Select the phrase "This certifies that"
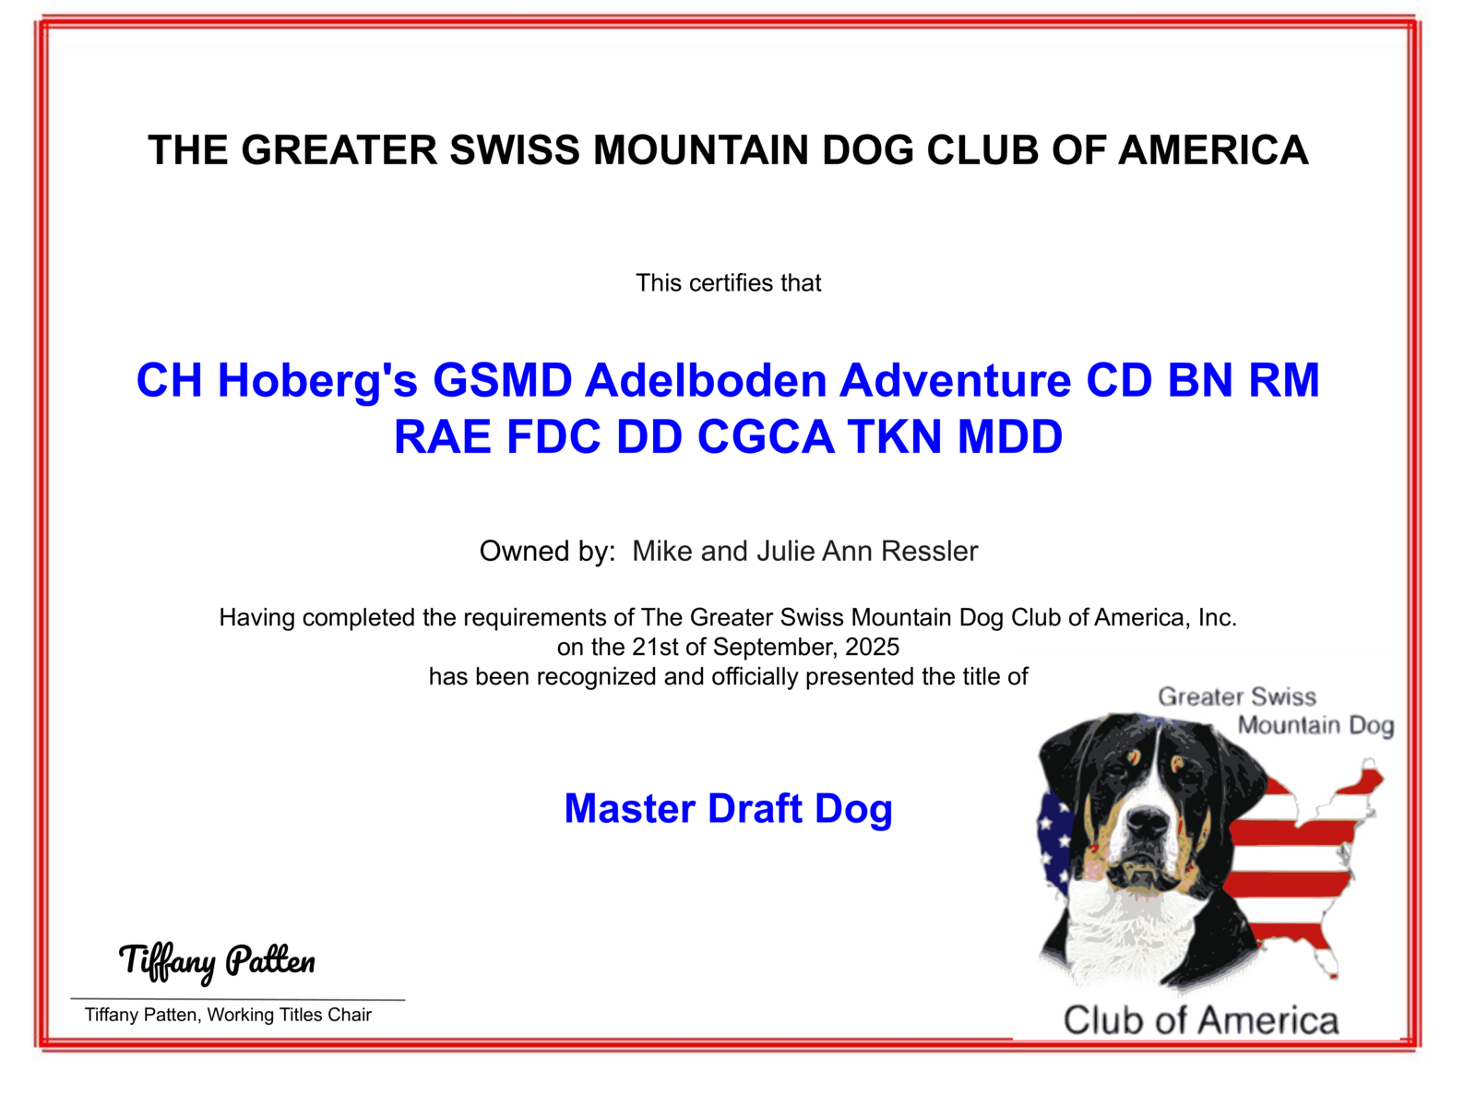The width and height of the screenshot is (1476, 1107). tap(728, 283)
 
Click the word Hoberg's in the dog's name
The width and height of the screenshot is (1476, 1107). tap(317, 381)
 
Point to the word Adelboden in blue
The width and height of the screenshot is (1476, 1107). tap(706, 380)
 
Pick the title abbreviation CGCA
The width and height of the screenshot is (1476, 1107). tap(766, 437)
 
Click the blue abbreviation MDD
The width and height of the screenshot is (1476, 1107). tap(1010, 437)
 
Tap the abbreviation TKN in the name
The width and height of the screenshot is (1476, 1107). tap(896, 437)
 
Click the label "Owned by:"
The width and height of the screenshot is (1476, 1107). tap(547, 552)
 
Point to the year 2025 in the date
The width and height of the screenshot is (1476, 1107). tap(872, 647)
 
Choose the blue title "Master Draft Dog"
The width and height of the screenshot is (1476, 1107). tap(728, 809)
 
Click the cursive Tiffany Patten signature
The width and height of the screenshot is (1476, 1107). tap(217, 961)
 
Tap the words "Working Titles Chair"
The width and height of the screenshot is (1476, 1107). tap(289, 1015)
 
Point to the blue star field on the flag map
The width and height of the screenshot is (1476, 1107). tap(1053, 840)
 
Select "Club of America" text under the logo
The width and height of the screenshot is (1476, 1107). tap(1201, 1020)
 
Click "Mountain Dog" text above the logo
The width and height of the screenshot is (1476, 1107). tap(1316, 726)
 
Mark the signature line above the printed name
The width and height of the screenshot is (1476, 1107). tap(237, 999)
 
